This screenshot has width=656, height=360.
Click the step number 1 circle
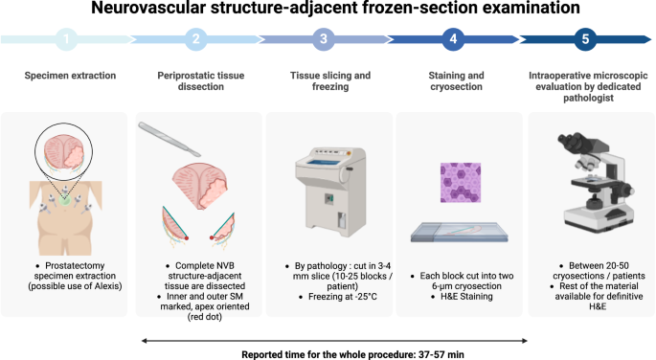coord(64,40)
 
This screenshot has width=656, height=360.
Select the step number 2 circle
coord(194,40)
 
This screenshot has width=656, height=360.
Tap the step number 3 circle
coord(324,40)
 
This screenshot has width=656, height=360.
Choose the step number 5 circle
coord(584,40)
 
